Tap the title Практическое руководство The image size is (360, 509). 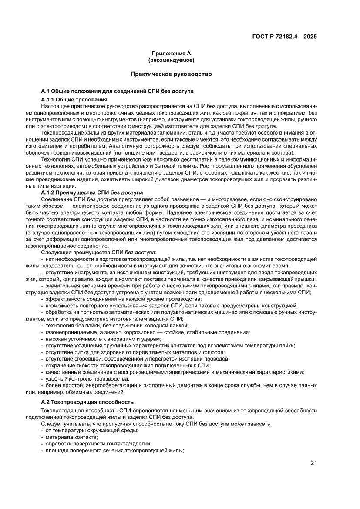[x=171, y=74]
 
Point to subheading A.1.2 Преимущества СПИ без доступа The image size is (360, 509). [x=91, y=192]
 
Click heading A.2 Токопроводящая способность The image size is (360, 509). [x=87, y=401]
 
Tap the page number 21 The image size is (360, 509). [x=313, y=463]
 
